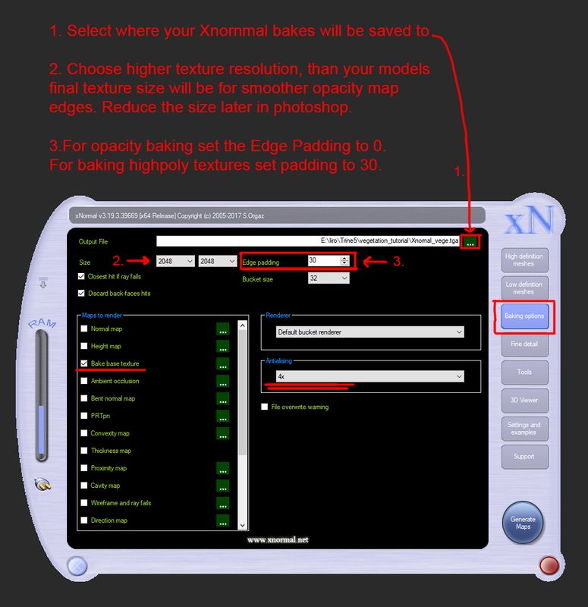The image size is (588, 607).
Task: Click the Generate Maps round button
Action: coord(523,523)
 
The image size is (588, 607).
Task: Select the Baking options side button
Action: coord(524,316)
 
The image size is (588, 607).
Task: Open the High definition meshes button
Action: coord(524,259)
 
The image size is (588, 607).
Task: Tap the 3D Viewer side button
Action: coord(524,400)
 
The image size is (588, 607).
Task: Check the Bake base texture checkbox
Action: coord(84,363)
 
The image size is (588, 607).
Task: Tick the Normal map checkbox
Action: coord(84,329)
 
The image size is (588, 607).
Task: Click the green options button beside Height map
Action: coord(222,346)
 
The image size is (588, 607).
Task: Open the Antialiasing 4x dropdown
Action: coord(369,376)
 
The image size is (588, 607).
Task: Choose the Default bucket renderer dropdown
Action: coord(369,332)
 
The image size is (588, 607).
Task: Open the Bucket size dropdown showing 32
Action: coord(329,278)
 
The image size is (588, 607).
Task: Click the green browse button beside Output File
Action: coord(470,242)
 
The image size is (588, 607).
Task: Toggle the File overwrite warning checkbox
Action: coord(264,407)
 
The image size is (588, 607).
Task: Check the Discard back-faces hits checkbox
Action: coord(81,293)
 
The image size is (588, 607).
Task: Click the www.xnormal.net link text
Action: coord(278,539)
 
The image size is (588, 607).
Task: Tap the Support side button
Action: coord(524,457)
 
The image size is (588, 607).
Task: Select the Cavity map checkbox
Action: coord(84,485)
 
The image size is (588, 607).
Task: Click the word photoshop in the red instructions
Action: coord(313,108)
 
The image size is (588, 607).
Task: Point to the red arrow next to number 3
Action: coord(375,262)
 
